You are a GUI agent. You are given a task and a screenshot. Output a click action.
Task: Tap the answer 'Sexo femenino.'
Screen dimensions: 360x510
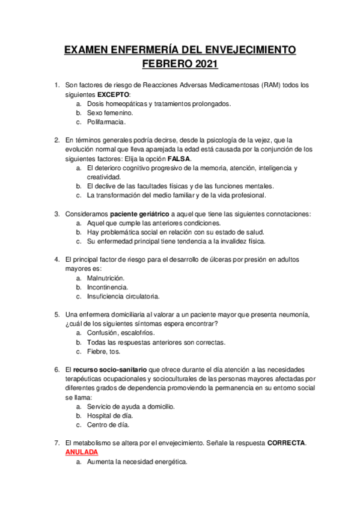click(x=110, y=112)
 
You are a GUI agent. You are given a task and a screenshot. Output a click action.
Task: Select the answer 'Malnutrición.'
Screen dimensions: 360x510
click(x=105, y=278)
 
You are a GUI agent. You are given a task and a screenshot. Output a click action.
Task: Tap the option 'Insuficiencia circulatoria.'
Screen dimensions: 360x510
click(x=123, y=296)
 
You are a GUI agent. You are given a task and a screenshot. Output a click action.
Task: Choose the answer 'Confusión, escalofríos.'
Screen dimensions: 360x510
click(x=120, y=333)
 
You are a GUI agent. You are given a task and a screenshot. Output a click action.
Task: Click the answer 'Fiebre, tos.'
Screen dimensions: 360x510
click(x=103, y=351)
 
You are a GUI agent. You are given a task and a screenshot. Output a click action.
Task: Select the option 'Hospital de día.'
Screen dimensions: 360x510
click(x=110, y=416)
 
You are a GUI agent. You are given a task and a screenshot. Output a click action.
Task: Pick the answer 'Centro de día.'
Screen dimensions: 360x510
click(x=108, y=425)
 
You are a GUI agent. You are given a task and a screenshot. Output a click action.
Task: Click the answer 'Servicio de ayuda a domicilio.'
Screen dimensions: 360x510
click(x=131, y=407)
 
